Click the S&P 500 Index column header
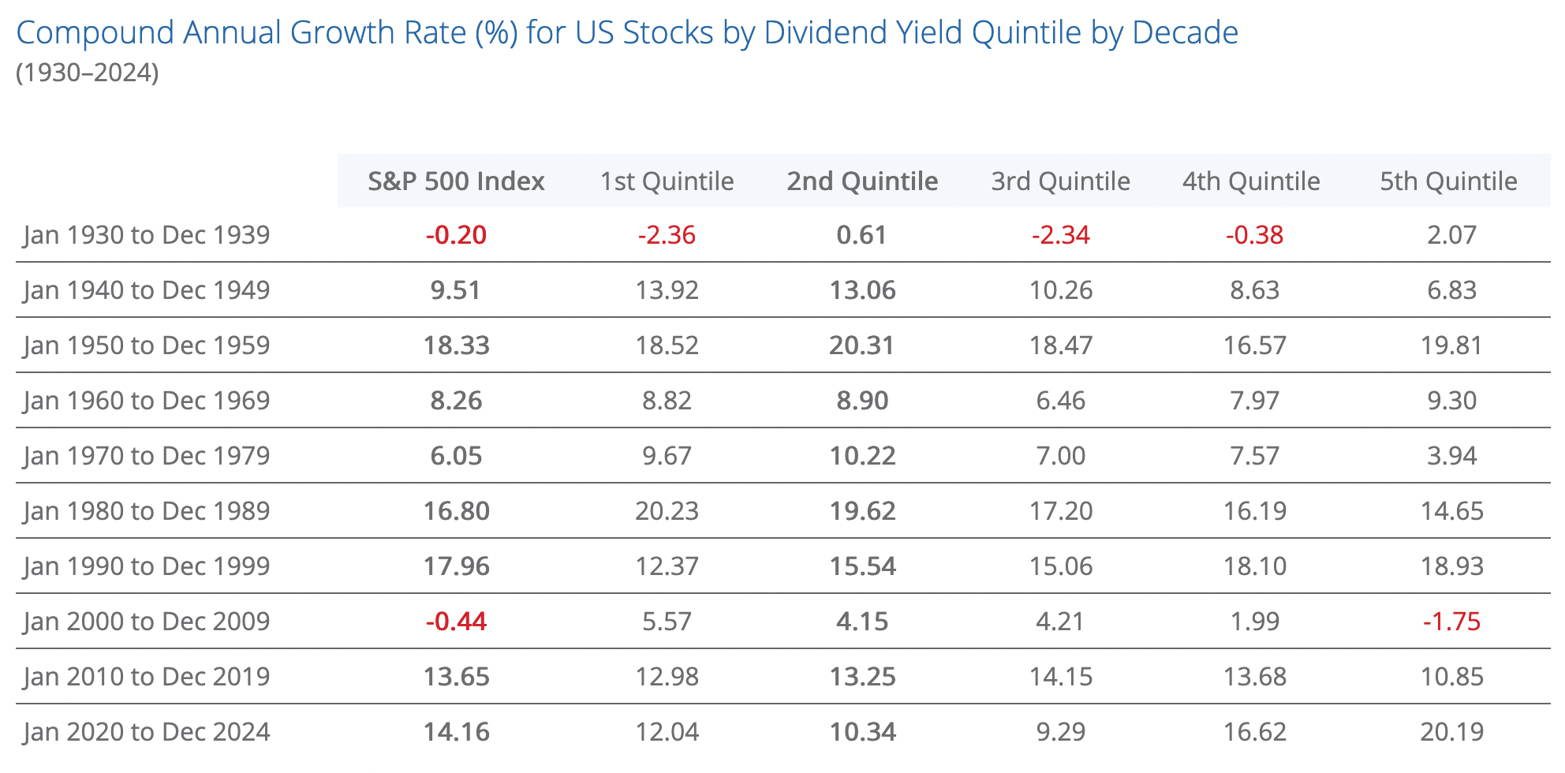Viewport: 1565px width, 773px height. pyautogui.click(x=456, y=181)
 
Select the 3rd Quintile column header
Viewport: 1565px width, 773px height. pyautogui.click(x=1060, y=181)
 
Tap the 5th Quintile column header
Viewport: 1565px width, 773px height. pyautogui.click(x=1448, y=181)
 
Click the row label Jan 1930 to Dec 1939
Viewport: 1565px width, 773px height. pyautogui.click(x=147, y=235)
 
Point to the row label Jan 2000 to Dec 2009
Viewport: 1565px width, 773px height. pyautogui.click(x=147, y=622)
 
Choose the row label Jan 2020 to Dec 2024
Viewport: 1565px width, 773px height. pyautogui.click(x=147, y=732)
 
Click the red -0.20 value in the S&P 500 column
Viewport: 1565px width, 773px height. pyautogui.click(x=456, y=235)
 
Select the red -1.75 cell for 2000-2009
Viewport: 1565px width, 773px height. pyautogui.click(x=1451, y=622)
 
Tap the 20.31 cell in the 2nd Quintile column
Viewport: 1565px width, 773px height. pyautogui.click(x=861, y=345)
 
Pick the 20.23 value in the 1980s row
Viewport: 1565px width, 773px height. pyautogui.click(x=667, y=511)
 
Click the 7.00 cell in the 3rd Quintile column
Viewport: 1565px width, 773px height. pyautogui.click(x=1060, y=456)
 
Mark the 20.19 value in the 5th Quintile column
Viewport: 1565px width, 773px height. pyautogui.click(x=1451, y=732)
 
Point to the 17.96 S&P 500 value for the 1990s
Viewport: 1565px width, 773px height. pyautogui.click(x=456, y=566)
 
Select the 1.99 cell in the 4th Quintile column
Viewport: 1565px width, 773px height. pyautogui.click(x=1254, y=622)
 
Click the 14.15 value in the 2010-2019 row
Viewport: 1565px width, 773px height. pyautogui.click(x=1060, y=677)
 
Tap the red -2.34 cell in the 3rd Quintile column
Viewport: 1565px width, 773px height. pyautogui.click(x=1060, y=235)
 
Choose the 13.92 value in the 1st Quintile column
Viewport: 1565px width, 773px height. pyautogui.click(x=667, y=290)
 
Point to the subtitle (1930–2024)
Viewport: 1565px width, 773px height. pyautogui.click(x=87, y=73)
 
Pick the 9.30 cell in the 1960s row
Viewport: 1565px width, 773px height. pyautogui.click(x=1451, y=401)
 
